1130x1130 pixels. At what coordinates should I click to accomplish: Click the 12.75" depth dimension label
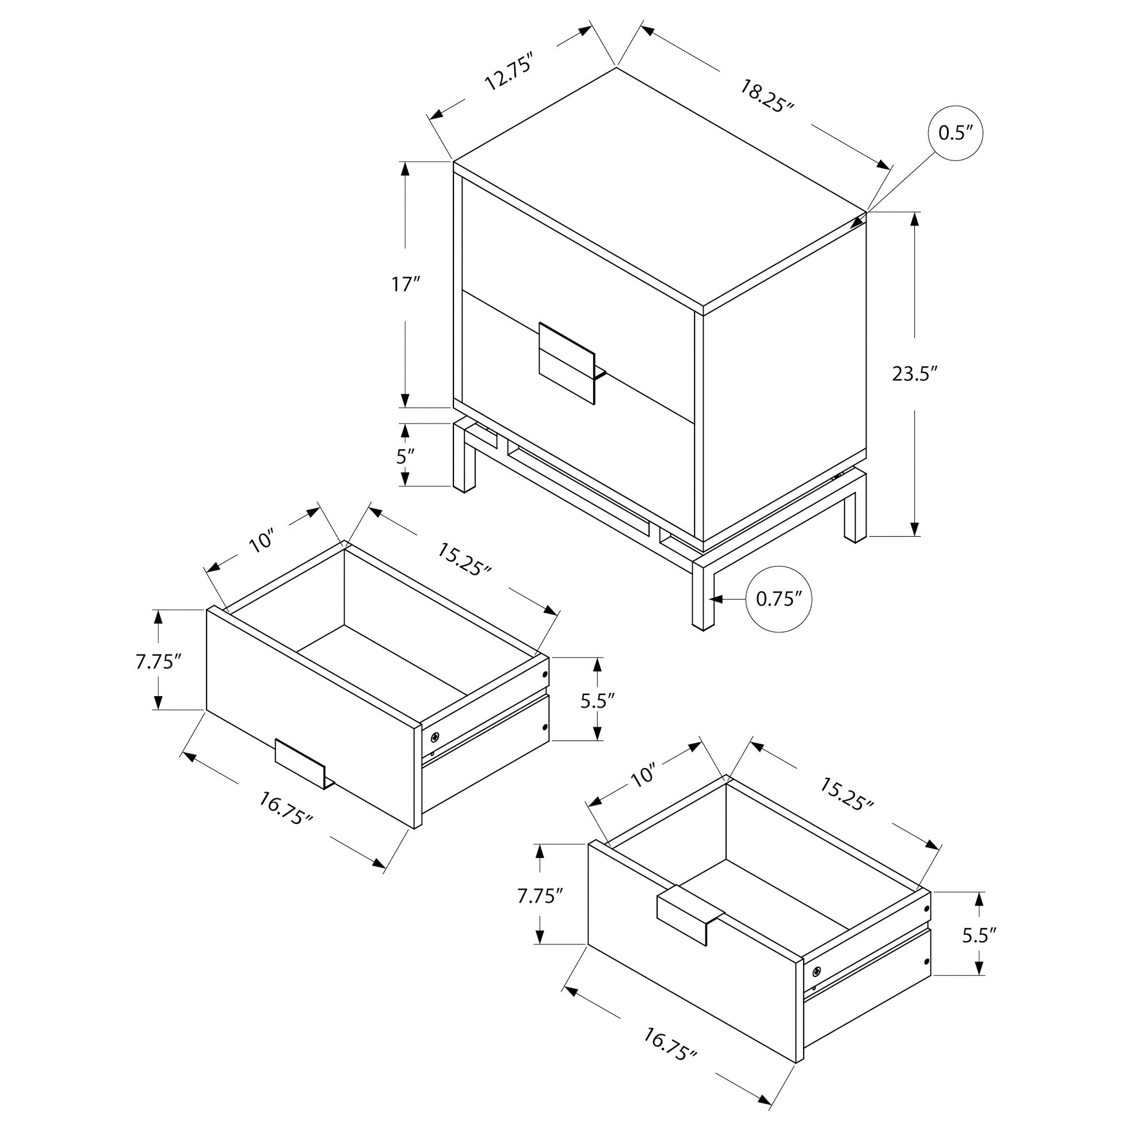pos(508,72)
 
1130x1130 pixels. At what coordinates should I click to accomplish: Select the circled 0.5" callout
pos(955,133)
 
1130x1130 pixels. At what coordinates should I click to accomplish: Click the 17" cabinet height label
pos(405,285)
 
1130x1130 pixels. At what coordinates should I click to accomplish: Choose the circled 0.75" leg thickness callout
pos(778,599)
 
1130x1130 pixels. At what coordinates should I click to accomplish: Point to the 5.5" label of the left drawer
pos(597,701)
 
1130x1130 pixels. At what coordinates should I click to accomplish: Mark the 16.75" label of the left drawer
pos(286,809)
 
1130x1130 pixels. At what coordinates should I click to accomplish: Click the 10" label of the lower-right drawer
pos(643,777)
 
